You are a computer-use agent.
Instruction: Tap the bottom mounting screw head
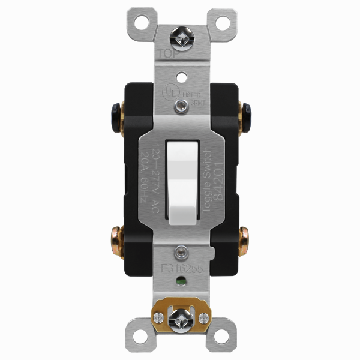[181, 316]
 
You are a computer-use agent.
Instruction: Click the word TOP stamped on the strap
[168, 54]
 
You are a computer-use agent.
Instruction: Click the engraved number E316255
[181, 269]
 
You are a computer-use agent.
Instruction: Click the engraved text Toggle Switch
[208, 174]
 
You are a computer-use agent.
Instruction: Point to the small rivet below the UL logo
[181, 107]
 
